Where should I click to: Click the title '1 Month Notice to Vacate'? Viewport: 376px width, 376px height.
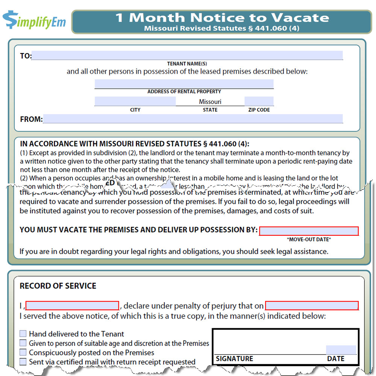tap(222, 17)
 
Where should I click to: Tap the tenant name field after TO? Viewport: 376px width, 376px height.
tap(187, 56)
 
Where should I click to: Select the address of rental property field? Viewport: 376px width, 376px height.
tap(184, 83)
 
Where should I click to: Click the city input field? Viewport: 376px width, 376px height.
tap(135, 101)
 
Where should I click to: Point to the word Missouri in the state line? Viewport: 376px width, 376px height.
tap(210, 102)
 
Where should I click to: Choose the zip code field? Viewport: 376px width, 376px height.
tap(259, 101)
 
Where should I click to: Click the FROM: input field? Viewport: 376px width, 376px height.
tap(193, 119)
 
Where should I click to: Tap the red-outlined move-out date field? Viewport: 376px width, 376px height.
tap(309, 231)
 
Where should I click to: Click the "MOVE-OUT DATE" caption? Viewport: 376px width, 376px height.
tap(309, 240)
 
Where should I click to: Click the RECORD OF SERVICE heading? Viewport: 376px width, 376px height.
tap(58, 286)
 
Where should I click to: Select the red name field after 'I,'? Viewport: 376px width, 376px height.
tap(72, 305)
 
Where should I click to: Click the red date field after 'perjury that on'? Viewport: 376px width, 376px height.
tap(312, 305)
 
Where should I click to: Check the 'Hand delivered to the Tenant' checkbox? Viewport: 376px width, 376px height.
tap(23, 334)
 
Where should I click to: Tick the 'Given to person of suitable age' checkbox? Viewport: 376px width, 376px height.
tap(23, 343)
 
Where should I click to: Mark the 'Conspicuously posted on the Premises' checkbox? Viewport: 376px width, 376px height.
tap(23, 353)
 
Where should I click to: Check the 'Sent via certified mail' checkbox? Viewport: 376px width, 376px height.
tap(23, 362)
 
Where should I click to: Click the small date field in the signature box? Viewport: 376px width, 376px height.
tap(341, 350)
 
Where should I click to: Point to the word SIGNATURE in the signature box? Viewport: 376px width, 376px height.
tap(235, 359)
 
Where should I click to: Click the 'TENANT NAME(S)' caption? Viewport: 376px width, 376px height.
tap(187, 64)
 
